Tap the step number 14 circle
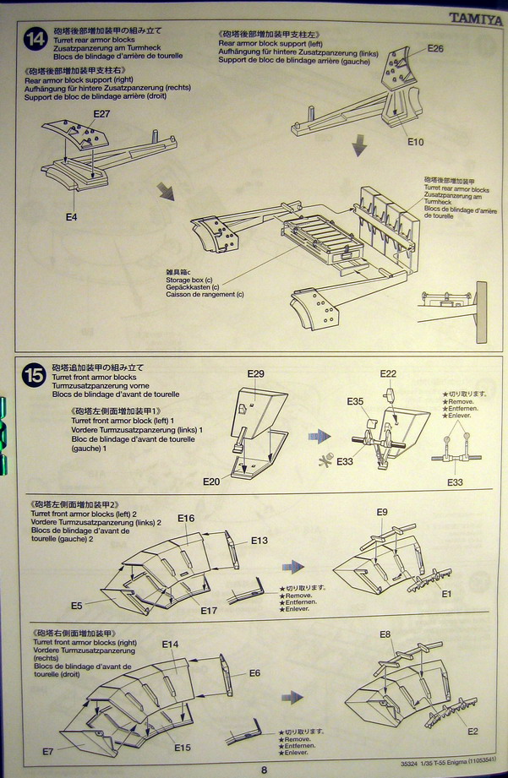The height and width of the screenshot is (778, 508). (36, 39)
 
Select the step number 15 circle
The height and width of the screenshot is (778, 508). (35, 375)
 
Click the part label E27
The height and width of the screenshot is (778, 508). (101, 113)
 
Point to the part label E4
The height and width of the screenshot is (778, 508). (72, 216)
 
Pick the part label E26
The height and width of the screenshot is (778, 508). (434, 48)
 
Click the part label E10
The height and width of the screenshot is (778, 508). (415, 142)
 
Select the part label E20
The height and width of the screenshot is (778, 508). (211, 481)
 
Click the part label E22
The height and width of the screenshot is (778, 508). (388, 373)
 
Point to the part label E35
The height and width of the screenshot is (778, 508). (355, 401)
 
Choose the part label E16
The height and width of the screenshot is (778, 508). (186, 518)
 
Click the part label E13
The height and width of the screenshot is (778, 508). (259, 541)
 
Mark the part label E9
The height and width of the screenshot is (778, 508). (382, 512)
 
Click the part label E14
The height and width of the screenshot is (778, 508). (171, 644)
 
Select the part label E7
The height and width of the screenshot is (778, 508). (48, 751)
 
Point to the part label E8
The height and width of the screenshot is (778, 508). (385, 634)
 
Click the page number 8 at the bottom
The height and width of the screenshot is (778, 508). (264, 770)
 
